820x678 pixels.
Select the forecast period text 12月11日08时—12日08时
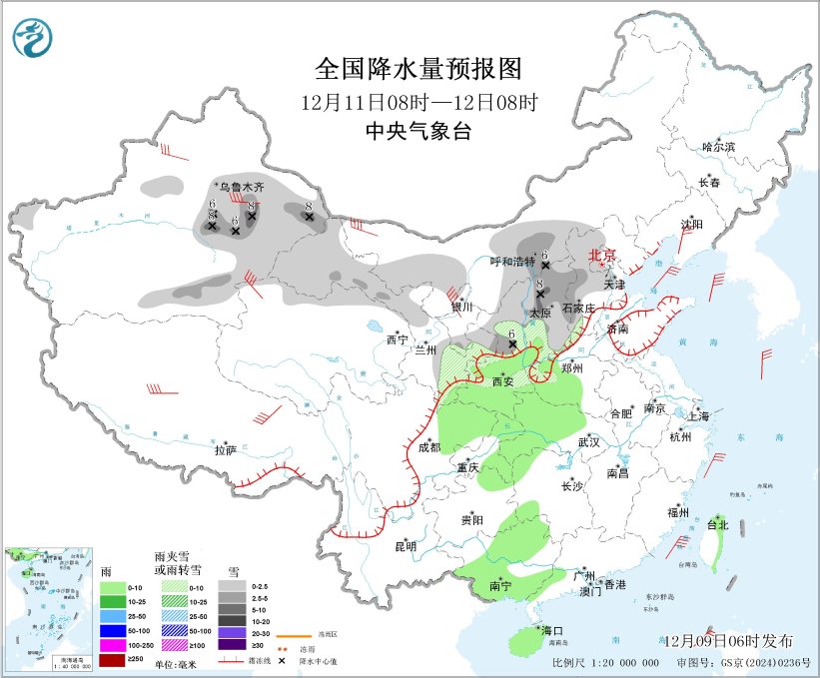point(418,102)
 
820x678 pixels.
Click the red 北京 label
point(602,255)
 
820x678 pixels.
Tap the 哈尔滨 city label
point(717,147)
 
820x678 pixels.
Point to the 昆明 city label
point(405,545)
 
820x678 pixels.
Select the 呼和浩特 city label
point(512,261)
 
